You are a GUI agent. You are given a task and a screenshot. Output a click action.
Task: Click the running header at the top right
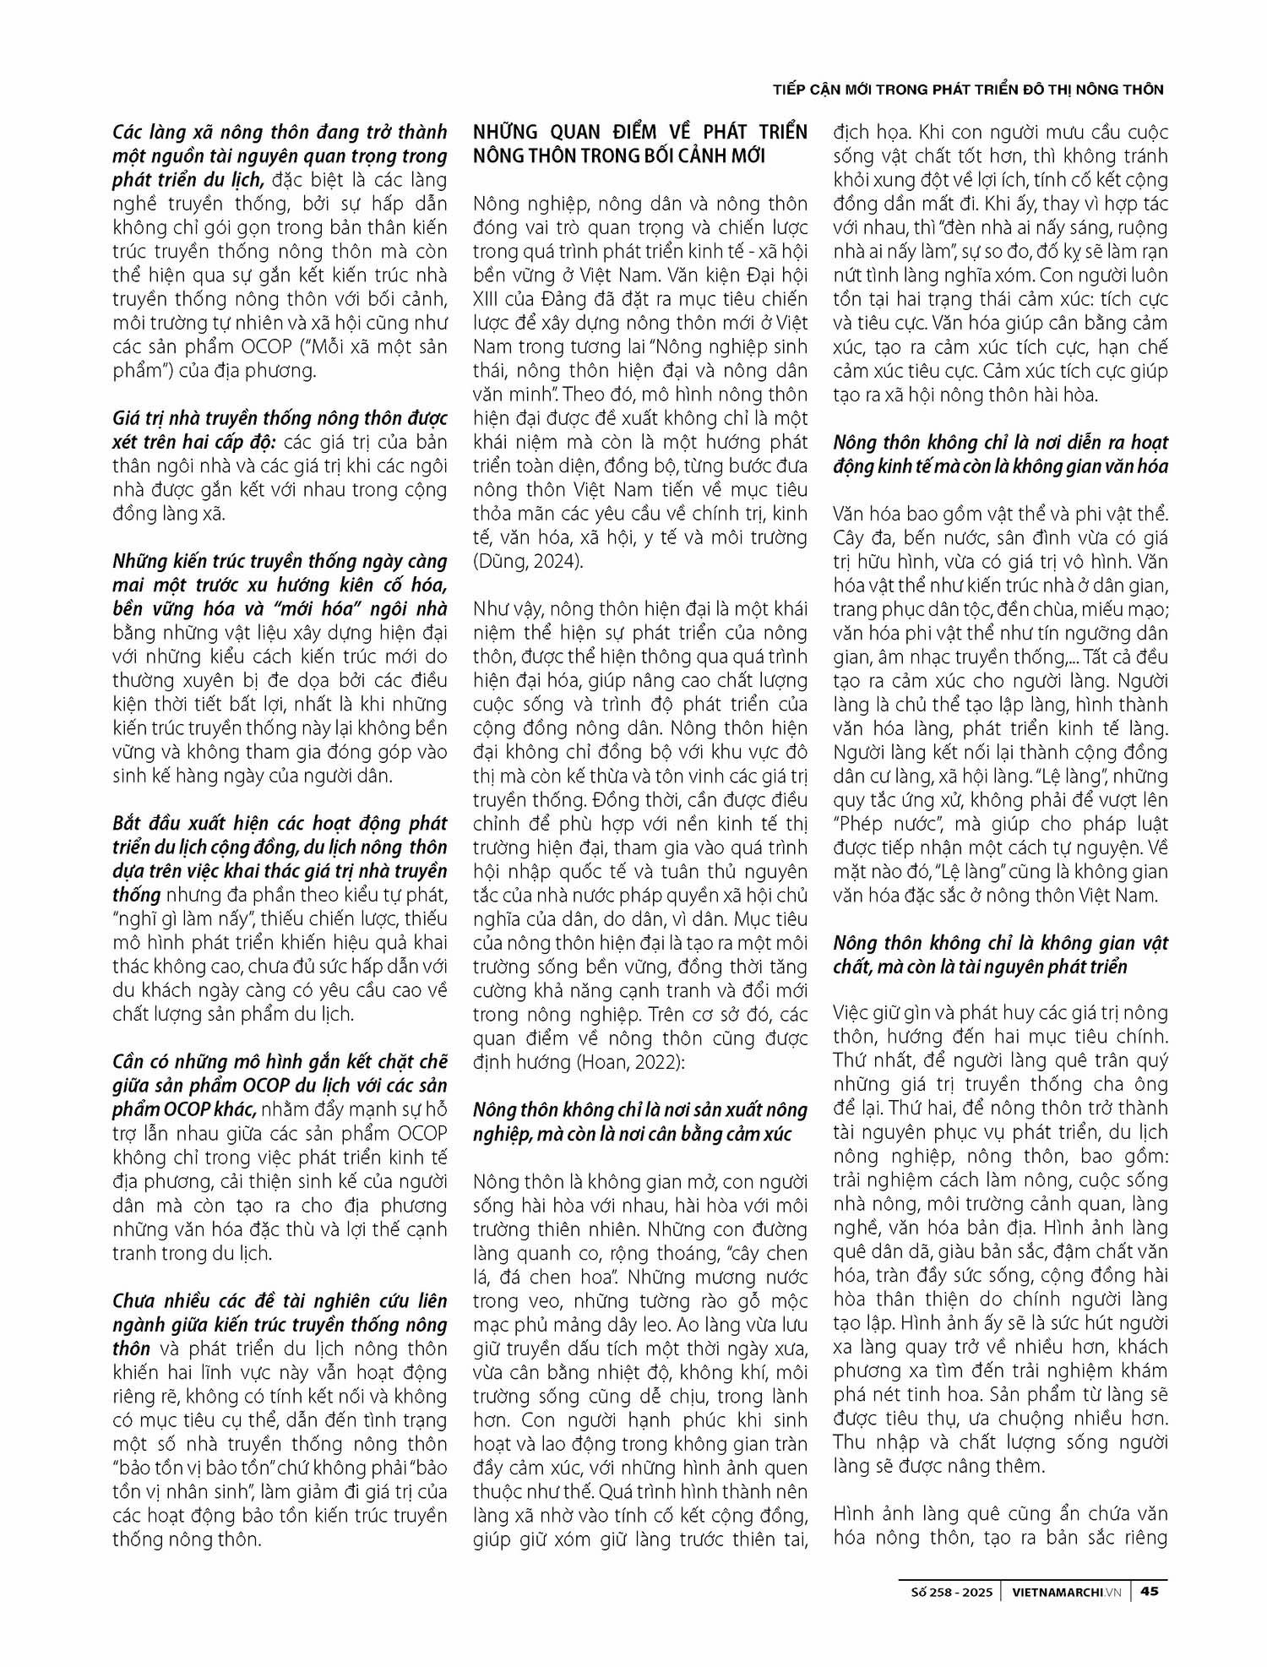pyautogui.click(x=969, y=90)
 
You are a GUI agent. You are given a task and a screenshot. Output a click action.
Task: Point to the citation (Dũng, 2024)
pyautogui.click(x=528, y=561)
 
